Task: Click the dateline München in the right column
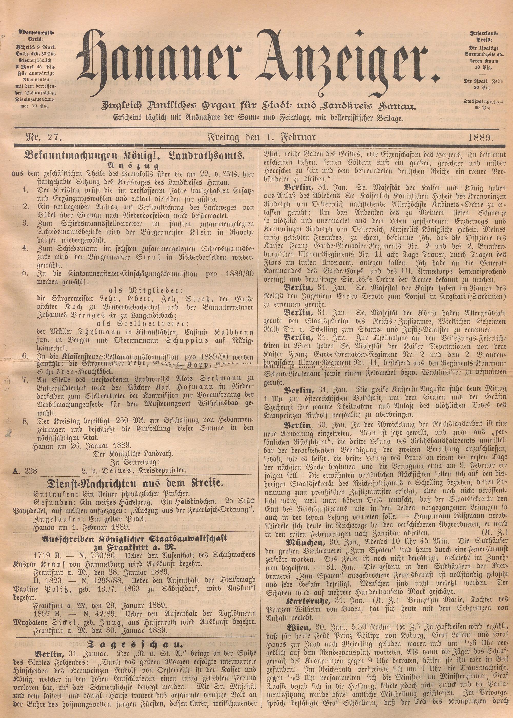tap(304, 543)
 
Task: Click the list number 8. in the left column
tap(26, 422)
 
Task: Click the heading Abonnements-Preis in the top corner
tap(36, 36)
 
